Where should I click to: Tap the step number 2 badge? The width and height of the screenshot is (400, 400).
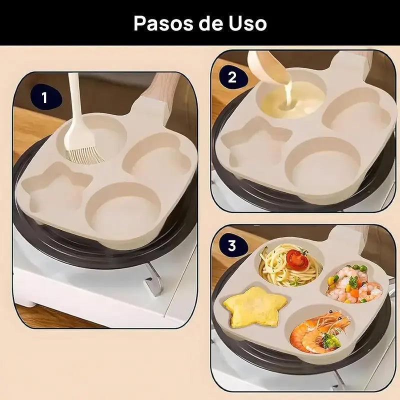(231, 78)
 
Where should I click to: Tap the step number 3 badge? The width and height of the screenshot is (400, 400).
(231, 245)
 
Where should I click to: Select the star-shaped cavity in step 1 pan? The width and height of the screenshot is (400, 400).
(55, 191)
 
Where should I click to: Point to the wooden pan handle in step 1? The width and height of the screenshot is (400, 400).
(161, 86)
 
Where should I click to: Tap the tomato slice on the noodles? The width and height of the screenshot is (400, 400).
(296, 259)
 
